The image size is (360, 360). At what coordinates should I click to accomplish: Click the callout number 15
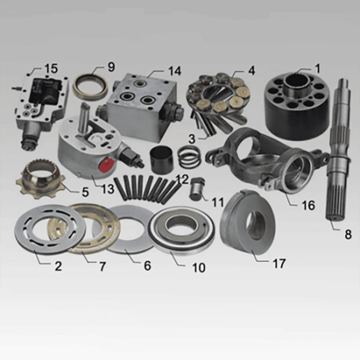(x=51, y=69)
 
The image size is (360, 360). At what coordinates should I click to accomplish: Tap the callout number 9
(x=111, y=67)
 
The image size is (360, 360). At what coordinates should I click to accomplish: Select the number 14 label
(x=175, y=71)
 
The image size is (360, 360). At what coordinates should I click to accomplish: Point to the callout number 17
(x=279, y=263)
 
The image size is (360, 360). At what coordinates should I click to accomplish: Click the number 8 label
(x=348, y=234)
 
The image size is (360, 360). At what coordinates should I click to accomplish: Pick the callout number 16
(x=308, y=205)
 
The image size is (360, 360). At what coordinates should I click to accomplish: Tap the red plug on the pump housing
(x=106, y=164)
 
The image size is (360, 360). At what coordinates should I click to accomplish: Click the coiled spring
(x=189, y=157)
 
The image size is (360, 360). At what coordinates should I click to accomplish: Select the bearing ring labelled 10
(x=181, y=231)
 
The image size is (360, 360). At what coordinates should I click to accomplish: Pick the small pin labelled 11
(x=196, y=189)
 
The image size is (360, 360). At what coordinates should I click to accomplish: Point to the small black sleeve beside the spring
(x=162, y=160)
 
